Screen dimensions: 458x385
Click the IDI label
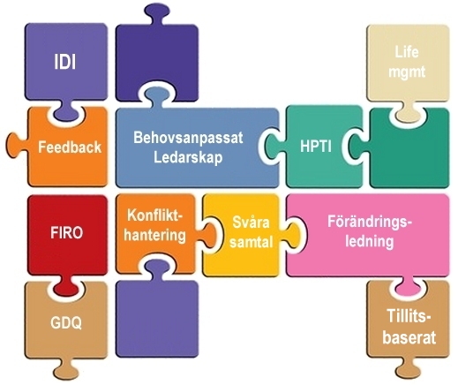pos(65,62)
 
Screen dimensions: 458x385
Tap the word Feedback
pos(70,147)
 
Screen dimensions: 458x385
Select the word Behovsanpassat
pos(188,138)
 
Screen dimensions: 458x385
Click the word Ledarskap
pos(188,157)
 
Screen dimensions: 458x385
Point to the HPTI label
pos(316,146)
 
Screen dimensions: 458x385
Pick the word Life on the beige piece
pos(407,52)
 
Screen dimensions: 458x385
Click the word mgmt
pos(407,72)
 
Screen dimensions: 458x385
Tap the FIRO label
pos(67,232)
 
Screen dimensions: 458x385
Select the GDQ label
pos(66,323)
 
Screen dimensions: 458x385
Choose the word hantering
pos(154,235)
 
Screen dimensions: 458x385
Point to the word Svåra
pos(251,222)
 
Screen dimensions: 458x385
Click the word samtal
pos(252,242)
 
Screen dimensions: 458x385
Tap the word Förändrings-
pos(370,221)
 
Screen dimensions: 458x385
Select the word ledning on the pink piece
pos(370,241)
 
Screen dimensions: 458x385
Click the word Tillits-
pos(409,315)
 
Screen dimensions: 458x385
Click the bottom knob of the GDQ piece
pos(65,370)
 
